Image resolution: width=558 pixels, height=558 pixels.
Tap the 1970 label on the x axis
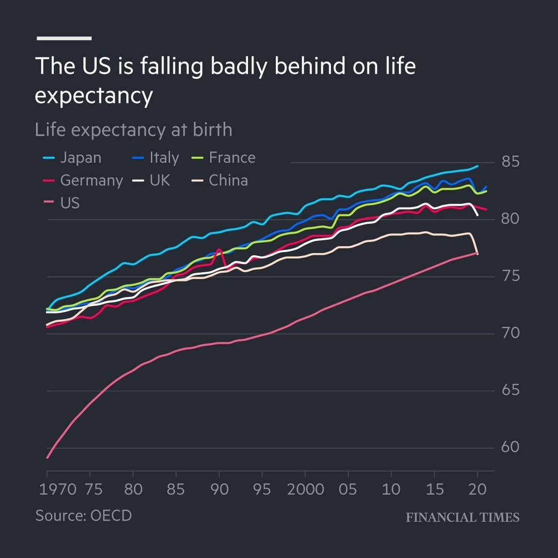tap(57, 489)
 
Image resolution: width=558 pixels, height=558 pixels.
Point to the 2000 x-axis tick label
tap(305, 489)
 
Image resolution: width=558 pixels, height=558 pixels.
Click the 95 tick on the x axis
tap(262, 489)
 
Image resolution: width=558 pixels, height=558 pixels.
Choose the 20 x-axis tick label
tap(477, 489)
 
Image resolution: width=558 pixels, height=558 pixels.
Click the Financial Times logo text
tap(462, 517)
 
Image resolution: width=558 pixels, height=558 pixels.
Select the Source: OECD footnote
tap(84, 515)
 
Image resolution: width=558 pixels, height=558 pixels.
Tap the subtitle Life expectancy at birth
tap(133, 129)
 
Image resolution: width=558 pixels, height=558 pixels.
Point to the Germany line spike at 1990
tap(219, 250)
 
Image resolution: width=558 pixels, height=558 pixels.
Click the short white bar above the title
tap(64, 38)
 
